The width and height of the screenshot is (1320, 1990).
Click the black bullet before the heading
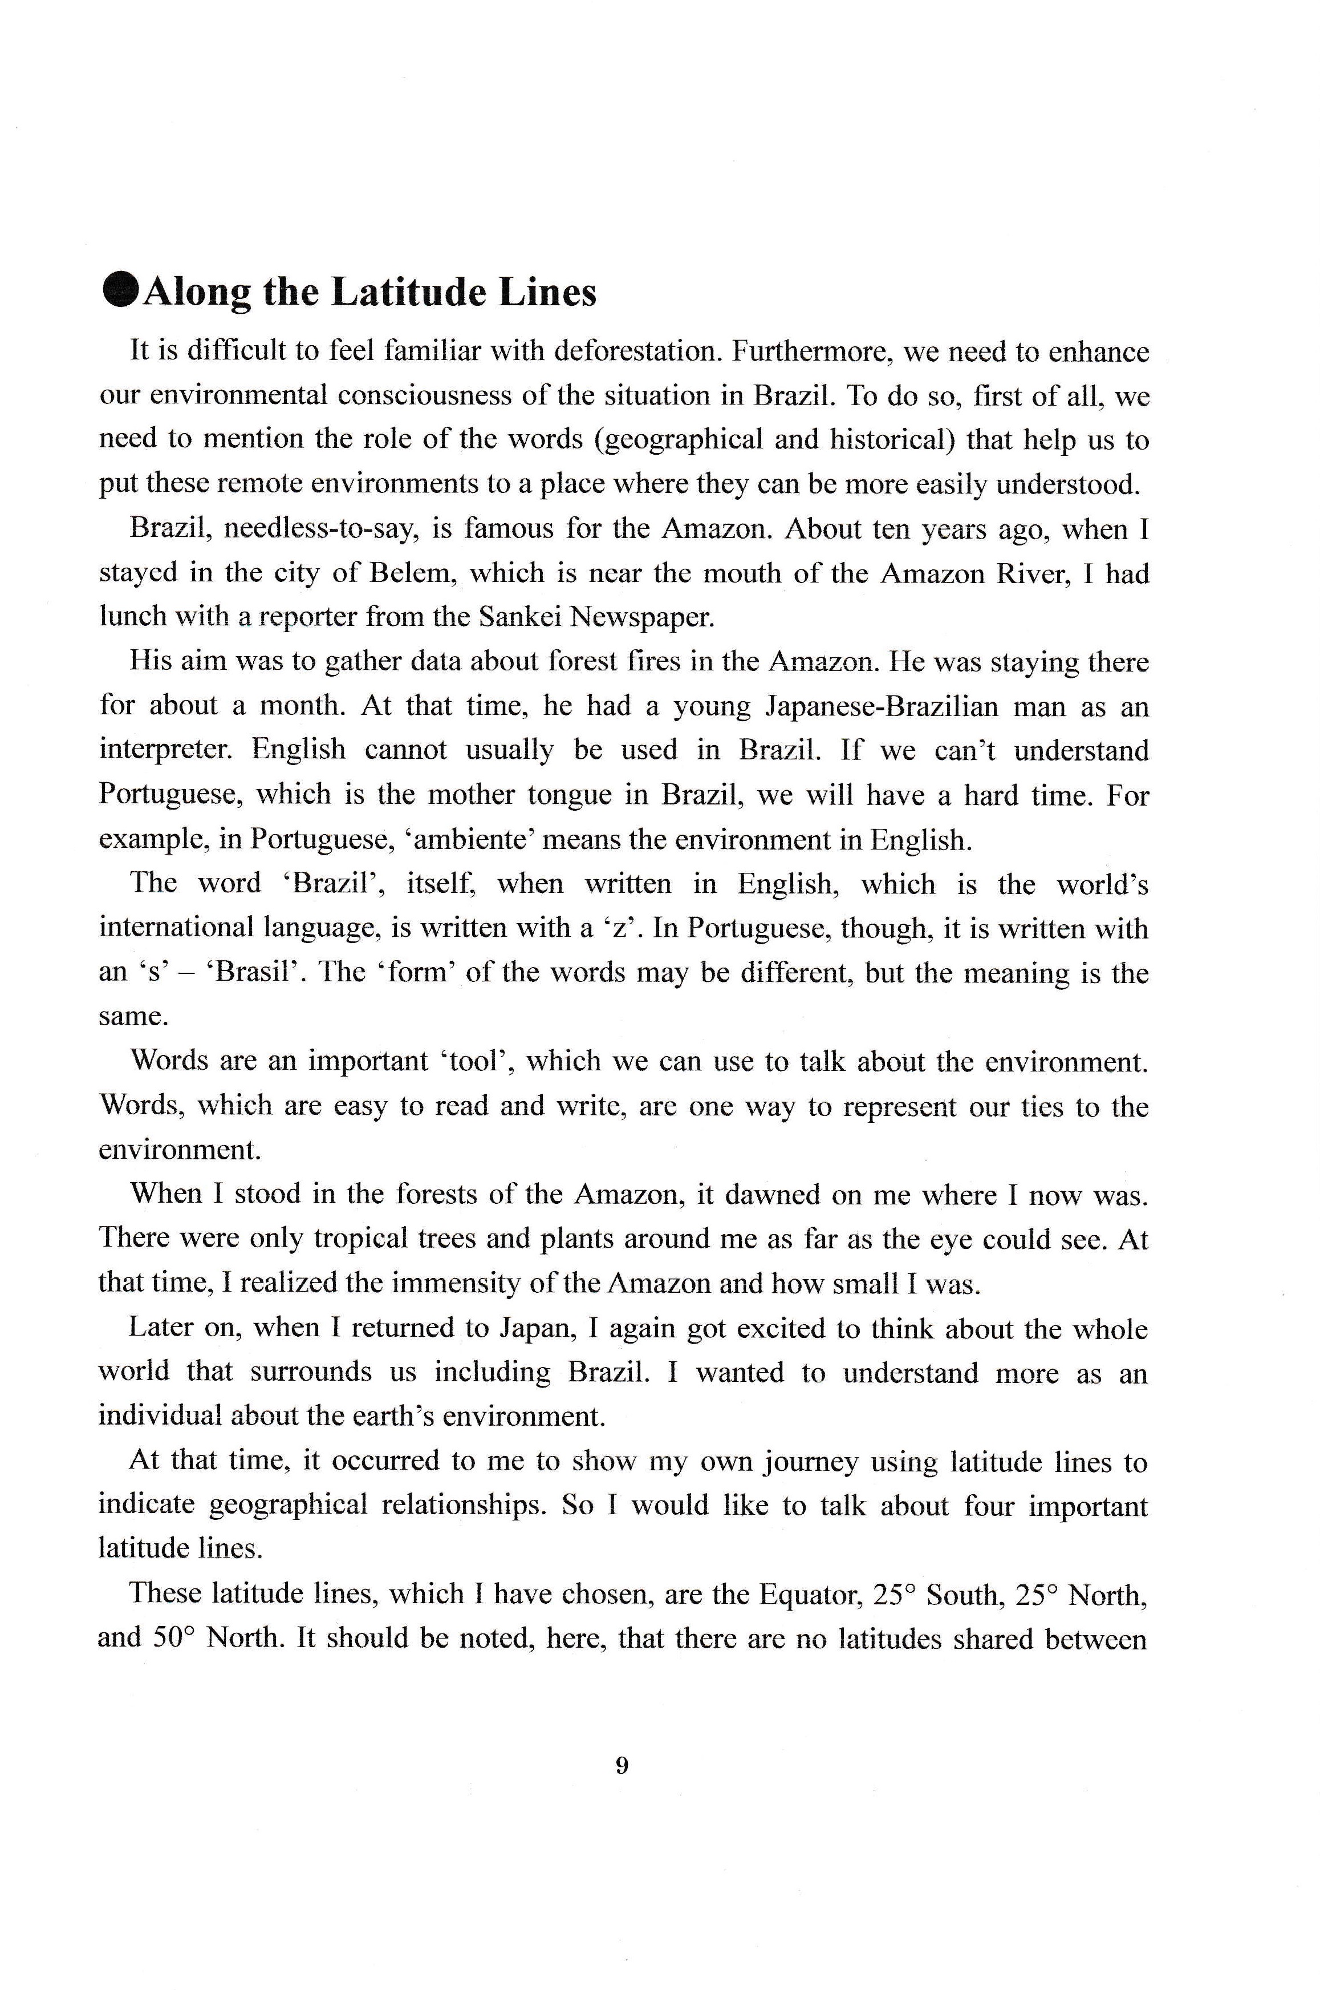coord(120,290)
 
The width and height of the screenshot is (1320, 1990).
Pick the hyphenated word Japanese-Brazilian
coord(882,706)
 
